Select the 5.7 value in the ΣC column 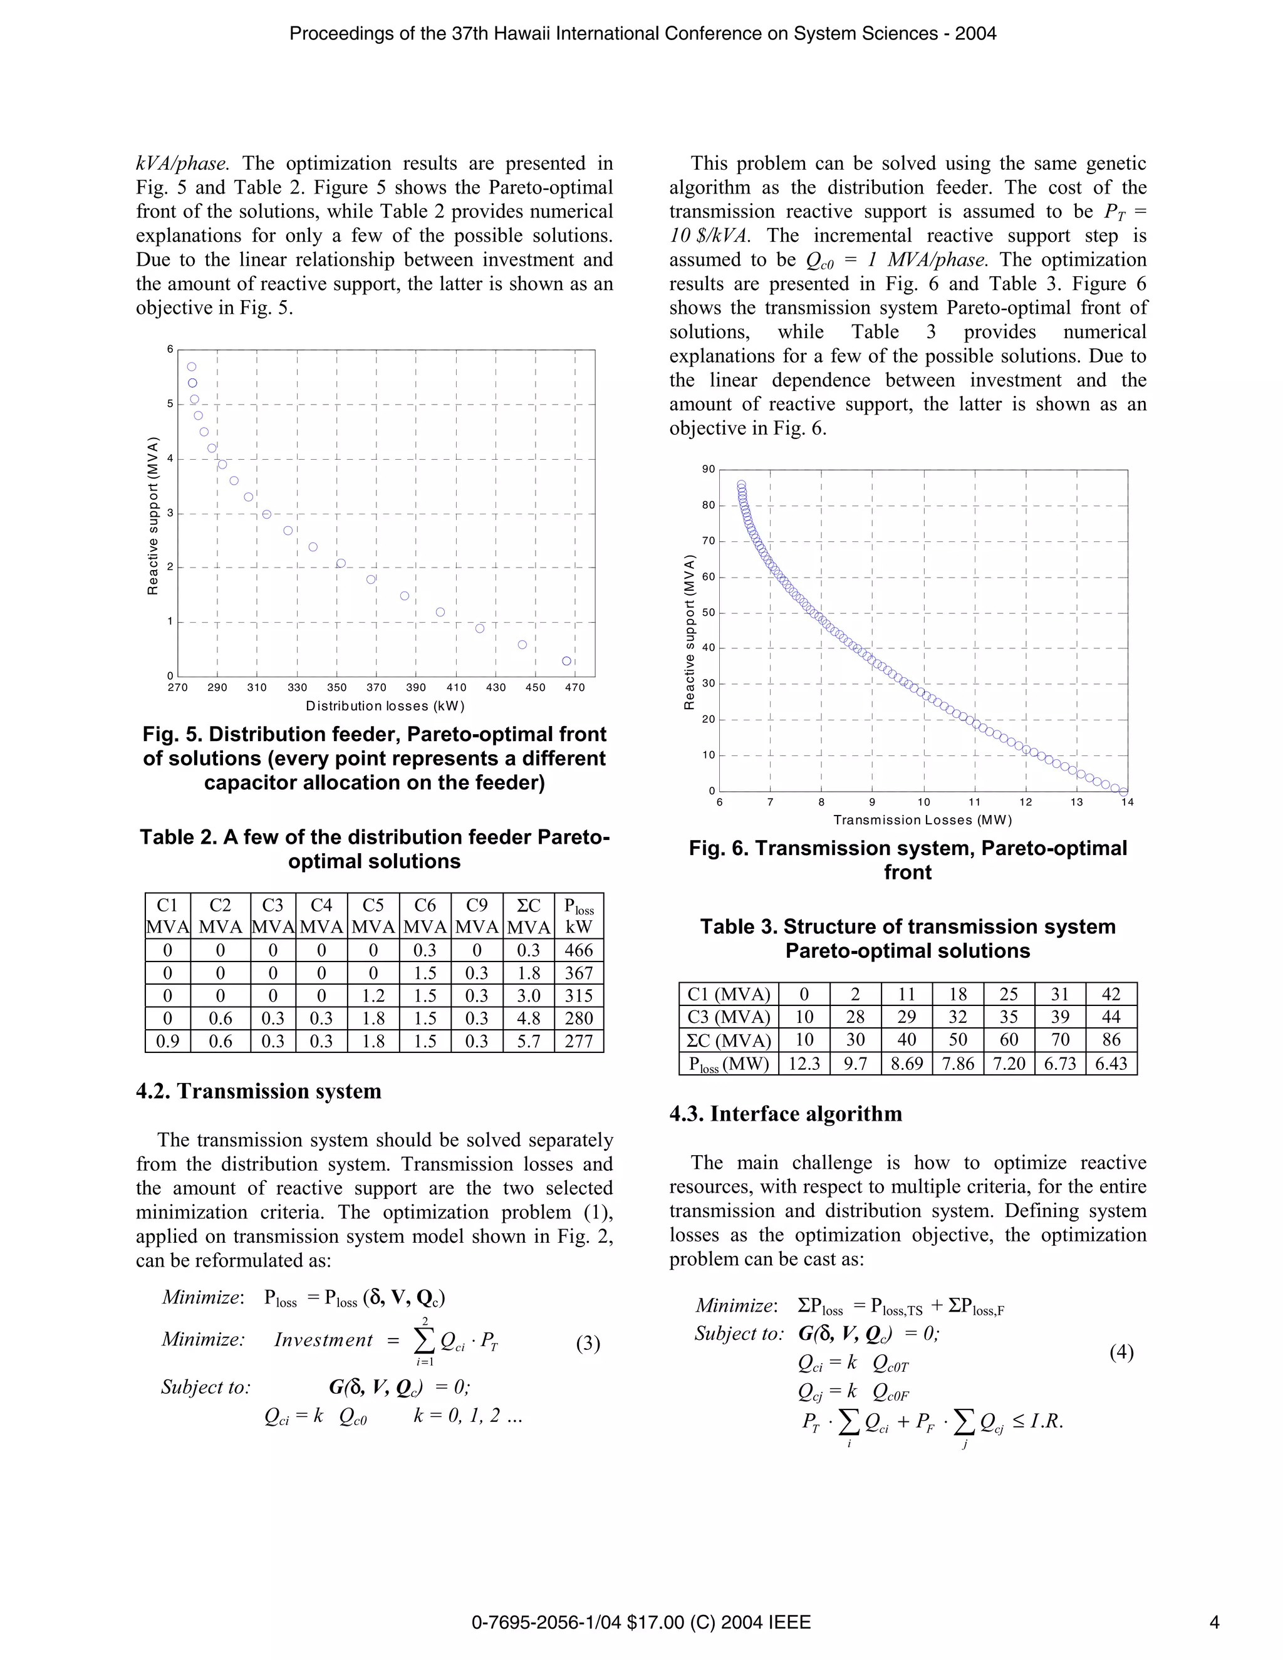click(528, 1041)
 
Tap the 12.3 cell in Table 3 click(804, 1064)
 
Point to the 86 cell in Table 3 click(1111, 1040)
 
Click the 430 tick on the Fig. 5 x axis click(496, 688)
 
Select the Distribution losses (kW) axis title click(385, 706)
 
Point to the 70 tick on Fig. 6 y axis click(708, 541)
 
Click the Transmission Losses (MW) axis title click(923, 820)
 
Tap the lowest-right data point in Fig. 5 click(566, 661)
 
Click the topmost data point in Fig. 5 click(192, 367)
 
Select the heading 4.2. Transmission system click(259, 1091)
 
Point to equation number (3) click(588, 1344)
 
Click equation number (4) click(1121, 1352)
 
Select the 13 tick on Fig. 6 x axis click(1076, 802)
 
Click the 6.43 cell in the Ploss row click(1111, 1064)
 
